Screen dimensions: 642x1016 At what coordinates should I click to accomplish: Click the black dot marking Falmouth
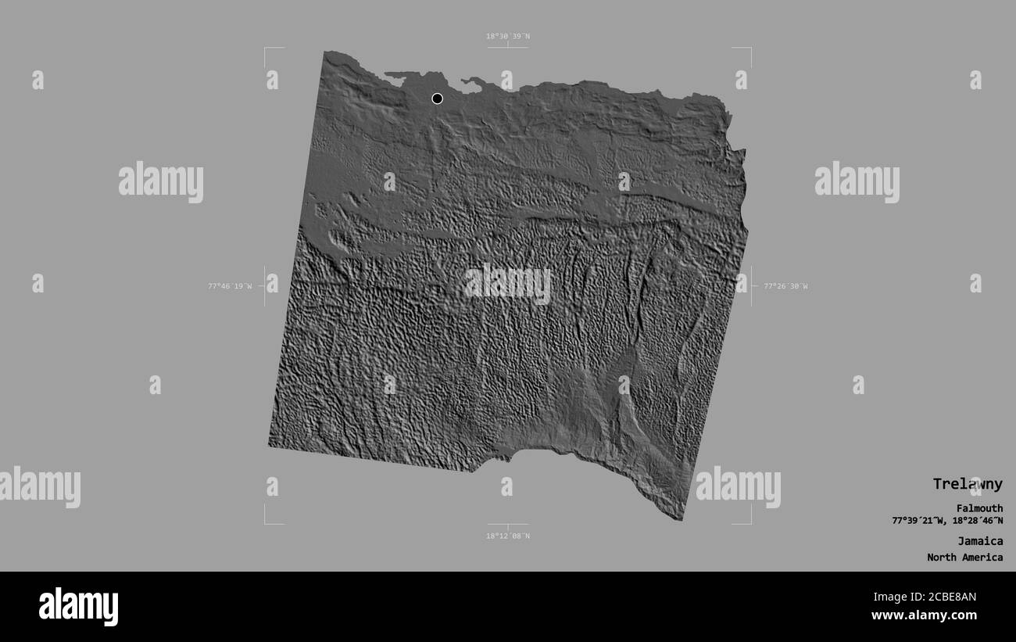[x=437, y=99]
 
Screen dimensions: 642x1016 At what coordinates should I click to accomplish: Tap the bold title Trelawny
[x=967, y=484]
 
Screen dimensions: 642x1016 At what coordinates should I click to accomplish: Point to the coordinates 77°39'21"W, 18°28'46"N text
[x=947, y=521]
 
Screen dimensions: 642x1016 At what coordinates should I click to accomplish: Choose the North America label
[x=965, y=558]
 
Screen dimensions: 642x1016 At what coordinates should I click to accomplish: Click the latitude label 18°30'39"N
[x=508, y=36]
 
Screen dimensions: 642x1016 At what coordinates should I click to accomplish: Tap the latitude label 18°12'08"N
[x=508, y=536]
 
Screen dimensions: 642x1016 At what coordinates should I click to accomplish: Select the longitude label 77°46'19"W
[x=230, y=286]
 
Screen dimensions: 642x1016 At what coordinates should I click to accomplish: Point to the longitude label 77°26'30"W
[x=785, y=286]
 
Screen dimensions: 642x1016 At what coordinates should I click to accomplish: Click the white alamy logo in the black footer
[x=78, y=607]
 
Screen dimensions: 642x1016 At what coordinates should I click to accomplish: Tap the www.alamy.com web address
[x=926, y=615]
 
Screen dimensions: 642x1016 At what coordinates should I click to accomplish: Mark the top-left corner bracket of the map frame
[x=266, y=49]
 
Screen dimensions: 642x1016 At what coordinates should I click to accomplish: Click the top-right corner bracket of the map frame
[x=749, y=49]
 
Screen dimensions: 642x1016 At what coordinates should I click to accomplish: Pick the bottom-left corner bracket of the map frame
[x=266, y=522]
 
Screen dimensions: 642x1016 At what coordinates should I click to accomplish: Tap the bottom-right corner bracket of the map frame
[x=749, y=522]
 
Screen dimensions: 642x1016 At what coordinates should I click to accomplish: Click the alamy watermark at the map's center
[x=508, y=284]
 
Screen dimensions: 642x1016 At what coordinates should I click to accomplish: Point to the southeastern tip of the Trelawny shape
[x=682, y=519]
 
